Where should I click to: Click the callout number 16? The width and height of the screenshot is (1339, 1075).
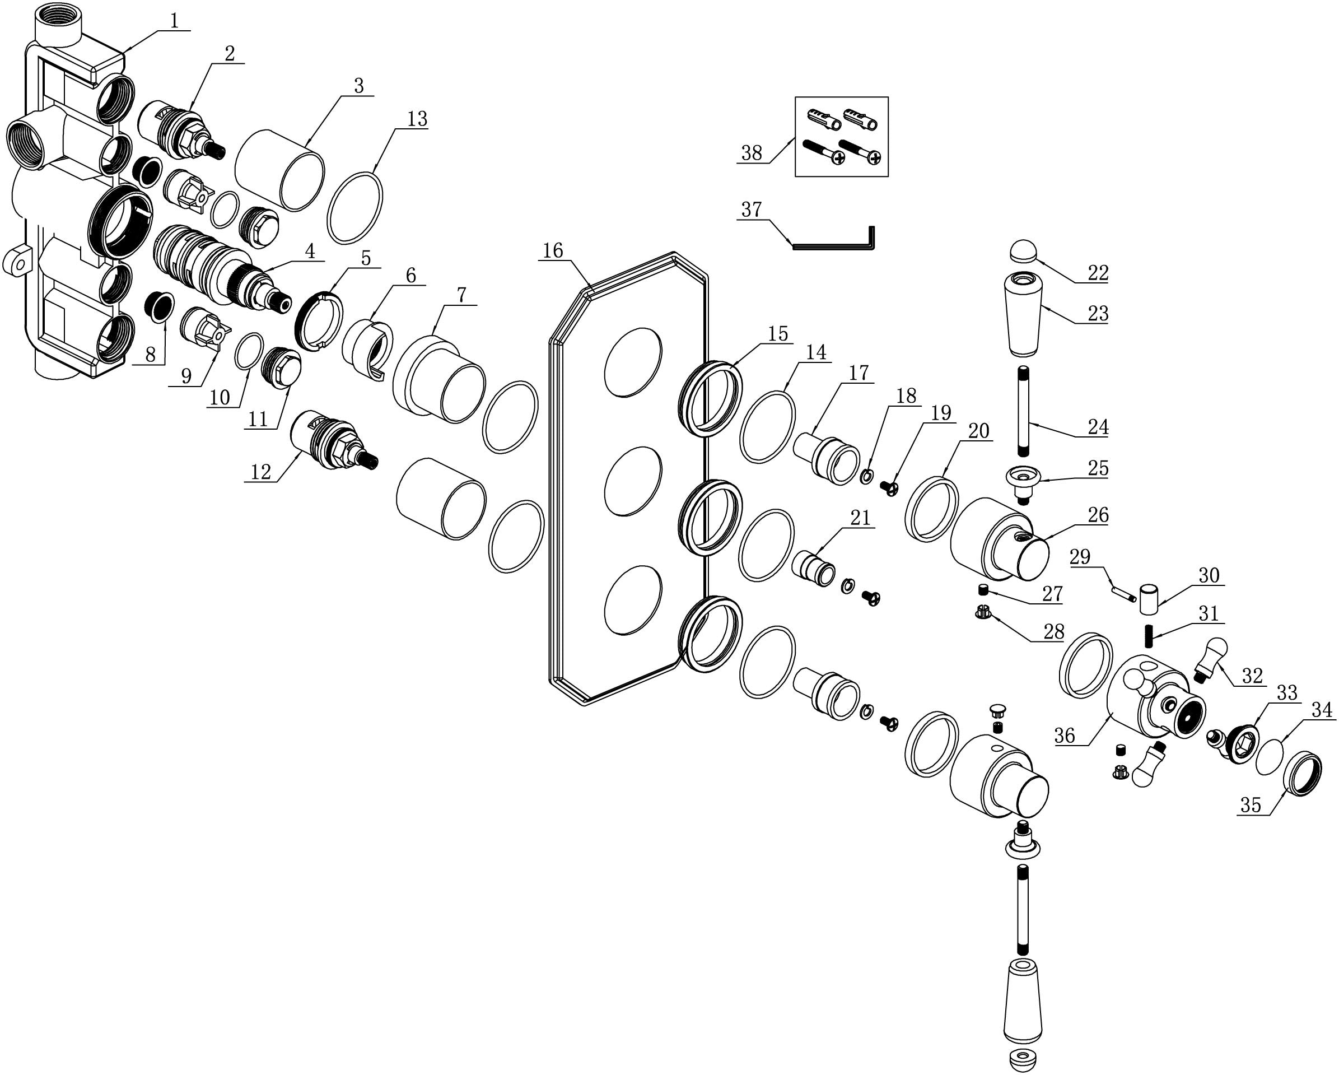(552, 250)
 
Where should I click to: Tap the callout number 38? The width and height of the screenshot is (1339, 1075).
(752, 153)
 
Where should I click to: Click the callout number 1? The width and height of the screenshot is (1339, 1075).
(175, 21)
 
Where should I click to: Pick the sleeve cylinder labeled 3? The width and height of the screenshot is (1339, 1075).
(279, 169)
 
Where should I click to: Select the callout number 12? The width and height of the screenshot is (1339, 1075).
(260, 472)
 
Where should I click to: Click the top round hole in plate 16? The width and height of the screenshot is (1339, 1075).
(633, 362)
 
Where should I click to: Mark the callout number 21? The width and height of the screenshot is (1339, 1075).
(860, 518)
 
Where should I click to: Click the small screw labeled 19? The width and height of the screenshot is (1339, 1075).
(889, 488)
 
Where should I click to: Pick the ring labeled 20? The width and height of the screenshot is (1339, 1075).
(930, 508)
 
